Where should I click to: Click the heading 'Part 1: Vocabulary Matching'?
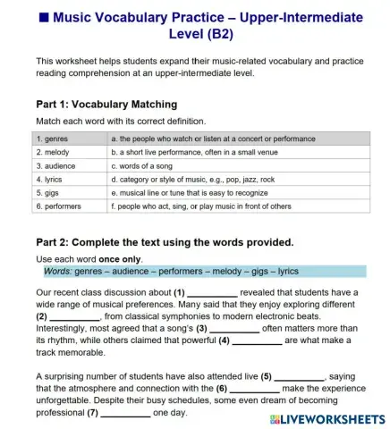(x=106, y=104)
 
